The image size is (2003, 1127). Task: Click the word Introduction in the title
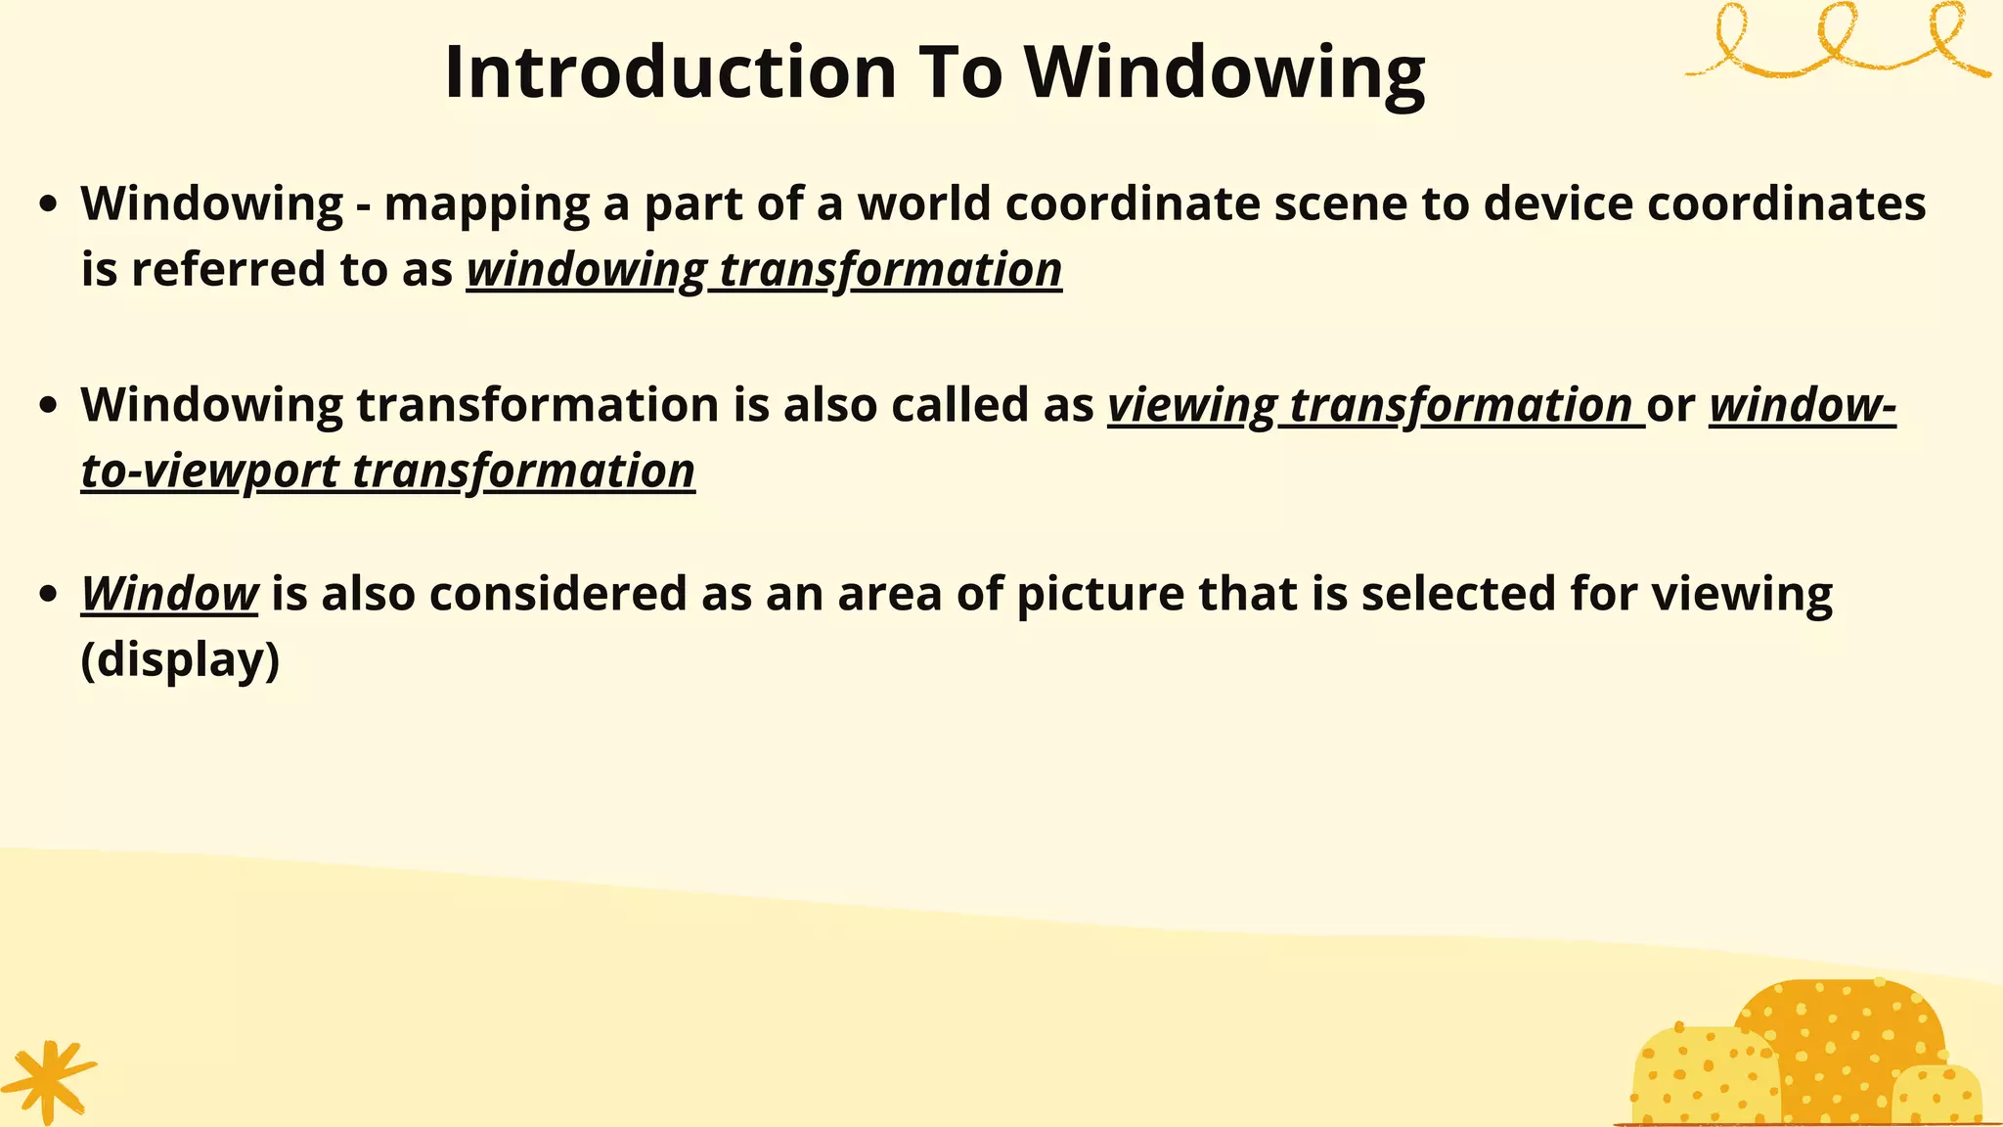671,72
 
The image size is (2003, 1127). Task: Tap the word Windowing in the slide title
1224,74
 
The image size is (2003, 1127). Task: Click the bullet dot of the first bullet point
48,204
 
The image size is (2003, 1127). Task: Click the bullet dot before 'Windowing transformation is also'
48,406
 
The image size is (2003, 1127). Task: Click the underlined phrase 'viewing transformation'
1375,406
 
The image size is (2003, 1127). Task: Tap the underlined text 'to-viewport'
210,472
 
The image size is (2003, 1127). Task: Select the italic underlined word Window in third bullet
169,594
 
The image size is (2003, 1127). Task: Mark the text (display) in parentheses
180,660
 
